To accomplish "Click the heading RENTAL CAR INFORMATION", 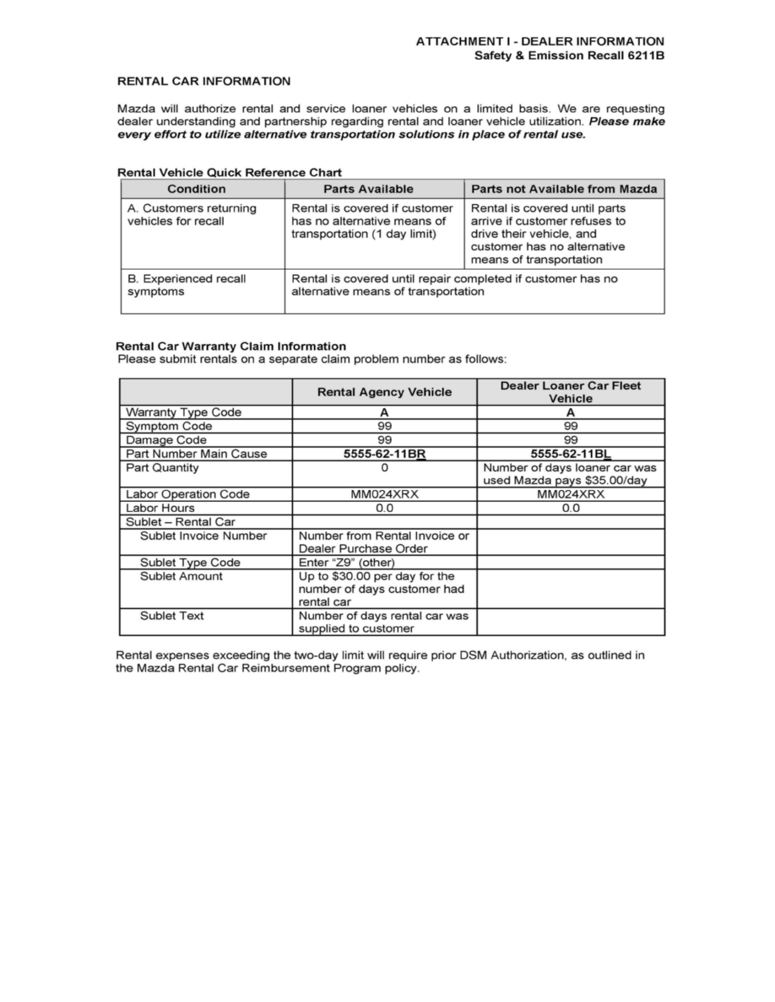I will (x=203, y=82).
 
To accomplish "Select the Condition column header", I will (x=196, y=189).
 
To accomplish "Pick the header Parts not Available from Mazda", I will (x=564, y=189).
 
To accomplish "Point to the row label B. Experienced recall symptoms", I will (x=186, y=285).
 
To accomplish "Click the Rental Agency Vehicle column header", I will (x=384, y=391).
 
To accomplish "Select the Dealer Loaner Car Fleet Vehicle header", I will (x=570, y=392).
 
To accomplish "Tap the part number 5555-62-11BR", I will (x=384, y=454).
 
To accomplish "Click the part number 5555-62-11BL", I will (x=570, y=454).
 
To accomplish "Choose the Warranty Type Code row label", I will (x=183, y=412).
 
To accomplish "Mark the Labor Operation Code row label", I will (x=187, y=494).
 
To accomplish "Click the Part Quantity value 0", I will (x=384, y=467).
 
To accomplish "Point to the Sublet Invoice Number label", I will (x=203, y=536).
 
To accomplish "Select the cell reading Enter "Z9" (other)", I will (x=347, y=563).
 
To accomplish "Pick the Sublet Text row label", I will (x=171, y=616).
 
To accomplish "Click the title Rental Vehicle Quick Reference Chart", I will (x=228, y=172).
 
